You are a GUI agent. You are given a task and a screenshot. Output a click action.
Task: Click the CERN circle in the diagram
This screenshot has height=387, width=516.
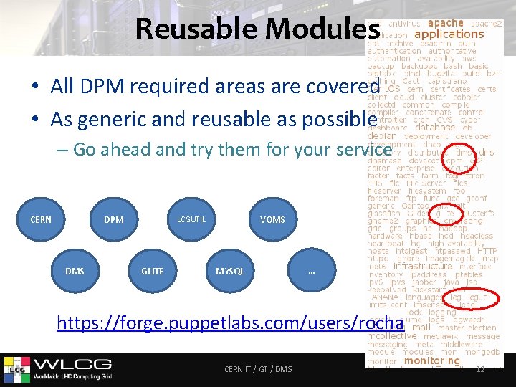(41, 219)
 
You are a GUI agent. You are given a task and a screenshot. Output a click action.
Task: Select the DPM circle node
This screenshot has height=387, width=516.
(113, 219)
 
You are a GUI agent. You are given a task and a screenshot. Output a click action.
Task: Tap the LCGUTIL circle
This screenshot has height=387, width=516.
(191, 219)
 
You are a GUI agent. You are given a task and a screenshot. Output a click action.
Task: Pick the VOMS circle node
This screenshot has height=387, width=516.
(272, 219)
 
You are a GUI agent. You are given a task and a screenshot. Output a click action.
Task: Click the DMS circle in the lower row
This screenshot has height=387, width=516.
(75, 271)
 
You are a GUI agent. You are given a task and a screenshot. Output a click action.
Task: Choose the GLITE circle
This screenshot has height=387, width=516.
(152, 271)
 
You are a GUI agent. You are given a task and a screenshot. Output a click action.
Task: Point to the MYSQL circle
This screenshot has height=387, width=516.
(230, 271)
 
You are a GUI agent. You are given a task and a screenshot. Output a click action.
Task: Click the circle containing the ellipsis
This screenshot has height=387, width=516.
(311, 271)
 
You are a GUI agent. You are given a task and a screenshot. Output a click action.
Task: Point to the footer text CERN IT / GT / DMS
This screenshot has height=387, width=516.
(258, 369)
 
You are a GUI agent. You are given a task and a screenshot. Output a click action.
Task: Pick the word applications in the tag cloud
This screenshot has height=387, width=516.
(449, 34)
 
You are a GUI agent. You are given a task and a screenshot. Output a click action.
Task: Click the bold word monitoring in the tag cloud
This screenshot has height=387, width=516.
(432, 361)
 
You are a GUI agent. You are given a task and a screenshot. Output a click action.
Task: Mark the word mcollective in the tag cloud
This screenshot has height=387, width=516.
(391, 335)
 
